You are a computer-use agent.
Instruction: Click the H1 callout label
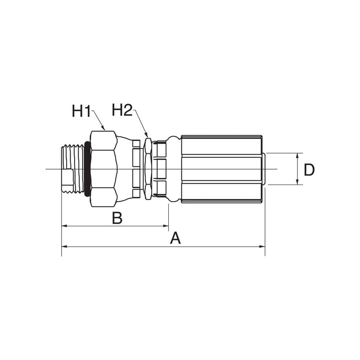(81, 111)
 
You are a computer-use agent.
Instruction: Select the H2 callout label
(122, 110)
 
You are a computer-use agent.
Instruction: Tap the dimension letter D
(309, 170)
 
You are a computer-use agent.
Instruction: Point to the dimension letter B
(117, 218)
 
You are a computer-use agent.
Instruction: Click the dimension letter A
(175, 238)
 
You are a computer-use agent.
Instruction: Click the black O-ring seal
(87, 169)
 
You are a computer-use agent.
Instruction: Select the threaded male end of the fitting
(73, 169)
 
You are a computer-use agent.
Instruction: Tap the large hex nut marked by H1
(104, 169)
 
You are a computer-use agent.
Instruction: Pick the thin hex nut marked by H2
(148, 169)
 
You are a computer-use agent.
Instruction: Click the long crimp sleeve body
(221, 169)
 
